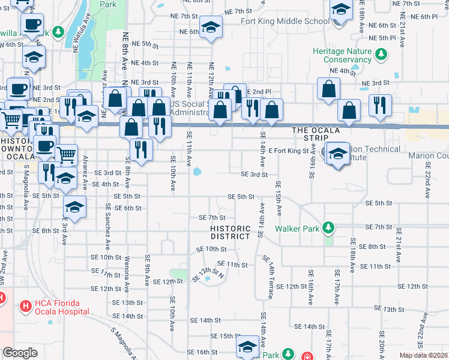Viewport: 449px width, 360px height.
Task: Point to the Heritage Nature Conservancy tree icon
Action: [381, 55]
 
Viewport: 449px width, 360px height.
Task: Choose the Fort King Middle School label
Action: [285, 21]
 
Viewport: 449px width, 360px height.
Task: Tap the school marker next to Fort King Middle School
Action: [340, 11]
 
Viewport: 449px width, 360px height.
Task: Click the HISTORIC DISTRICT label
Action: [230, 232]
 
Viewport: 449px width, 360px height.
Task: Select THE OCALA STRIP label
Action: [316, 130]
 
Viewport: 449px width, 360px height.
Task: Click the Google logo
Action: [20, 353]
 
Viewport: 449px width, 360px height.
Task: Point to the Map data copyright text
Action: [424, 355]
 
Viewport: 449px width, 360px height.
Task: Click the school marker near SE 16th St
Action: [247, 347]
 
